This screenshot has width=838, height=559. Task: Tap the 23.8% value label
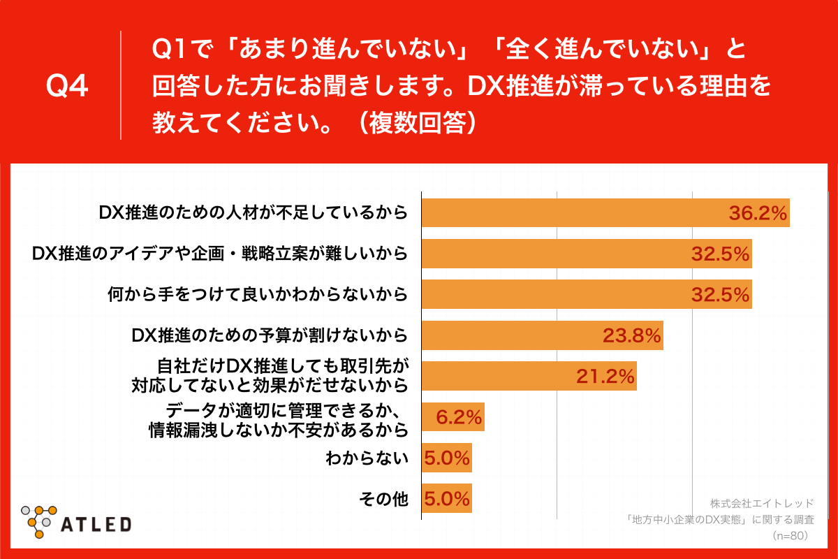coord(632,336)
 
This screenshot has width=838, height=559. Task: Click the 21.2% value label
coord(605,377)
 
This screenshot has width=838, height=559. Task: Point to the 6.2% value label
coord(459,418)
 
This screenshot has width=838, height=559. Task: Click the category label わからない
coord(367,459)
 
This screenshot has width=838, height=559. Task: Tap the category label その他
coord(383,500)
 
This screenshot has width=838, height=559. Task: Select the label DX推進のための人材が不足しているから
coord(253,213)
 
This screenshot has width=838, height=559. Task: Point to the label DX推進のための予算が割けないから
coord(270,336)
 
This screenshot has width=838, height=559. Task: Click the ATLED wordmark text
coord(96,524)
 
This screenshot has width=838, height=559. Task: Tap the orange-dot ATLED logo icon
coord(39,521)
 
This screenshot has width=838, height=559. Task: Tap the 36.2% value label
coord(758,213)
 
